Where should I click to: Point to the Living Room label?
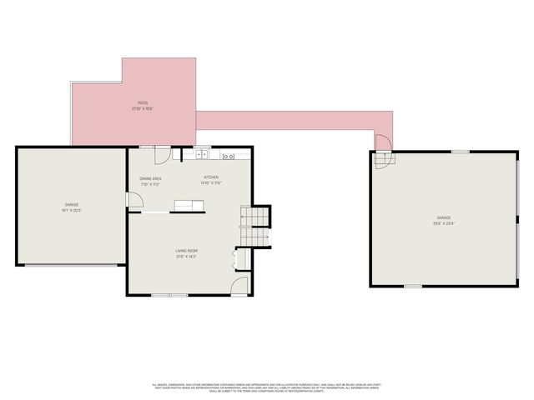186,253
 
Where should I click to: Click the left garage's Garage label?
72,207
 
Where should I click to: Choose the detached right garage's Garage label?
442,220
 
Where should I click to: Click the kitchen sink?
202,154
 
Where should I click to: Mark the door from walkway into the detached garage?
380,142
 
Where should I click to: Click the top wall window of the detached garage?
460,152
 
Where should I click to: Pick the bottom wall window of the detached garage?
412,286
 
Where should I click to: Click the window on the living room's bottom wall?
175,294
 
